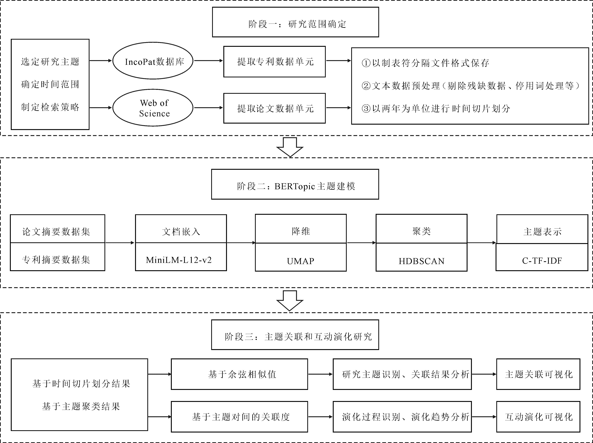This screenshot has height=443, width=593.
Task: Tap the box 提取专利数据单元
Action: tap(274, 62)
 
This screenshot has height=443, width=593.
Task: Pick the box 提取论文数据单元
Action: tap(274, 108)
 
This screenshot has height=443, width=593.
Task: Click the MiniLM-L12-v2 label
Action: tap(179, 260)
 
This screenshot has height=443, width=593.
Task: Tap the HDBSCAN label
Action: tap(422, 261)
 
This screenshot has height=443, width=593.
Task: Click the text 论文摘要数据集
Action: tap(56, 232)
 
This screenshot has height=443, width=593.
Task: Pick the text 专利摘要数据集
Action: tap(56, 260)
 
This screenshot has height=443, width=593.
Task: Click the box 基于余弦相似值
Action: tap(239, 374)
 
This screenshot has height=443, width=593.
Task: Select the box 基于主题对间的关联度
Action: tap(239, 417)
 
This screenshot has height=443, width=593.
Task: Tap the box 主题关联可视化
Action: tap(538, 374)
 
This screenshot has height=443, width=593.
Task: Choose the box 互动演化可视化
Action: tap(538, 417)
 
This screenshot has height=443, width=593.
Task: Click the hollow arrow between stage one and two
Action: tap(290, 147)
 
